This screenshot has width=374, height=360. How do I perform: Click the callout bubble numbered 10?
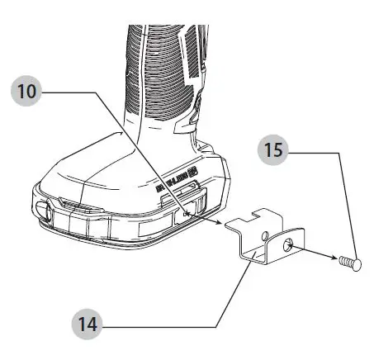pos(29,91)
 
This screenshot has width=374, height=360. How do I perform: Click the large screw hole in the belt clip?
pos(287,245)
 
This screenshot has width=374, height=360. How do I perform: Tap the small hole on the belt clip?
pos(263,236)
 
